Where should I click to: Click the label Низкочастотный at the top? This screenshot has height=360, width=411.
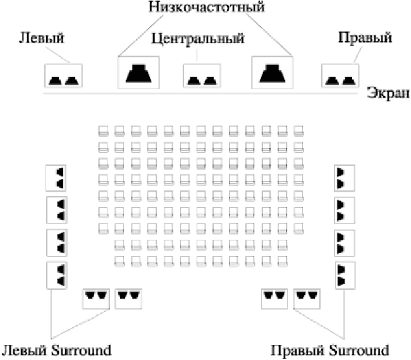(x=207, y=7)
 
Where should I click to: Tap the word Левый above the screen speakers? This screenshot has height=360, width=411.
(x=41, y=37)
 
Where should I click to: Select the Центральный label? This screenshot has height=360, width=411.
(x=198, y=39)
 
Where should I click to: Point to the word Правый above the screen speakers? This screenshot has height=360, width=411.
(x=365, y=37)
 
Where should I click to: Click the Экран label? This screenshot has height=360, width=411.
(x=388, y=93)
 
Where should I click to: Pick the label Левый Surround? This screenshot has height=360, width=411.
(x=56, y=351)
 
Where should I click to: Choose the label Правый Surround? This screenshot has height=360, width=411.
(x=329, y=351)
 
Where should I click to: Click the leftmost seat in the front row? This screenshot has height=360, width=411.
(x=103, y=130)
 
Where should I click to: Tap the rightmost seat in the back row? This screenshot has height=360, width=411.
(x=283, y=261)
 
